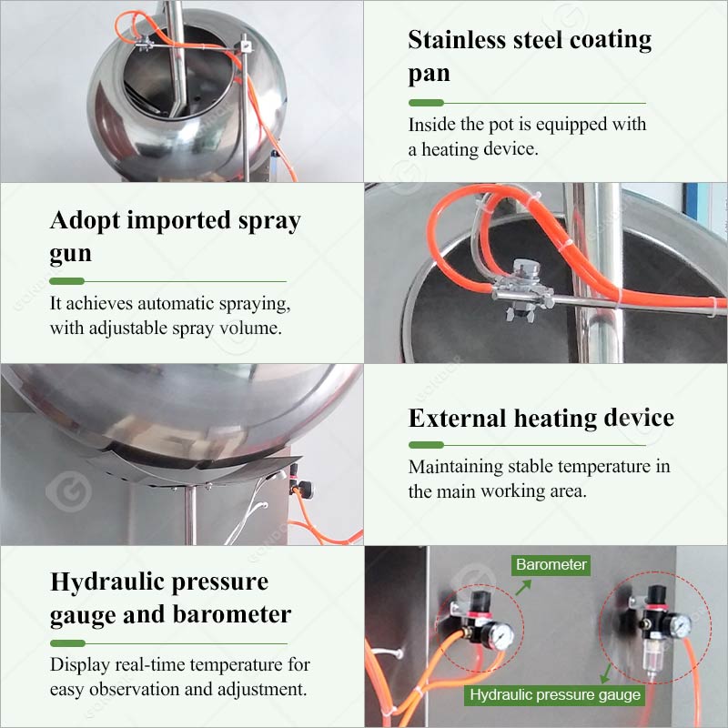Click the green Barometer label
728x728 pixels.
pyautogui.click(x=551, y=565)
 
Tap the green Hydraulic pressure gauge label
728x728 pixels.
pyautogui.click(x=555, y=695)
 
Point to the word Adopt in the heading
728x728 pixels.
pyautogui.click(x=85, y=221)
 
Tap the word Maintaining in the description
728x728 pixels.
pyautogui.click(x=455, y=467)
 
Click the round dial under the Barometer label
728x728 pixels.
pyautogui.click(x=500, y=635)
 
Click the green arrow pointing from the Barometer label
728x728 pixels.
pyautogui.click(x=522, y=587)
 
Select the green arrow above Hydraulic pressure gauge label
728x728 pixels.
pyautogui.click(x=605, y=673)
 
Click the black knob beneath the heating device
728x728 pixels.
pyautogui.click(x=304, y=490)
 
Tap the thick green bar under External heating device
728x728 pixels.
pyautogui.click(x=426, y=445)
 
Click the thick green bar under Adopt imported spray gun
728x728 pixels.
pyautogui.click(x=66, y=281)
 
